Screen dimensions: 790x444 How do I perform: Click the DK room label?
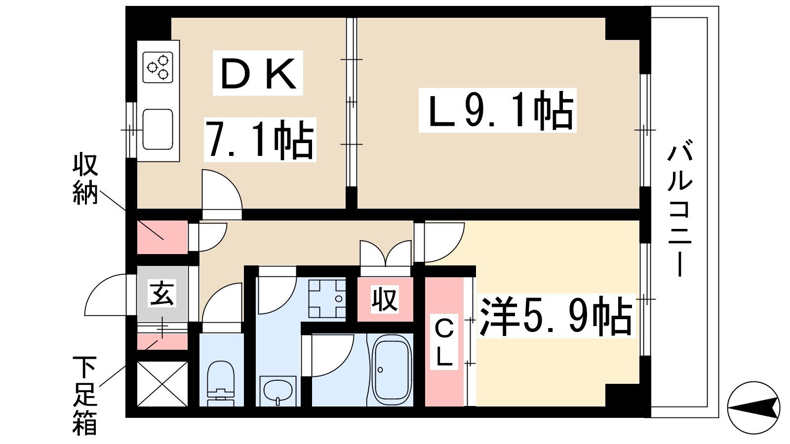tap(258, 74)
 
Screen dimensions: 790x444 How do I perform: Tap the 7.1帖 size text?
tap(260, 140)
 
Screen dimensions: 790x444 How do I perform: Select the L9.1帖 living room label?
tap(497, 111)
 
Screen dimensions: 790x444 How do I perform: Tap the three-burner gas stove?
tap(158, 67)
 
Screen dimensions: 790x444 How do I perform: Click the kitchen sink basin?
tap(158, 129)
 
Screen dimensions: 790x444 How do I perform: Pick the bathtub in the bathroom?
tap(392, 370)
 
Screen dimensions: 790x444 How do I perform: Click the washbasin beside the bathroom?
tap(278, 390)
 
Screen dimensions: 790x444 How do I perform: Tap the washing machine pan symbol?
tap(327, 299)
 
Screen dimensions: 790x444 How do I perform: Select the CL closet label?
tap(443, 342)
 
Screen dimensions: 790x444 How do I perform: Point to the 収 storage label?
tap(385, 299)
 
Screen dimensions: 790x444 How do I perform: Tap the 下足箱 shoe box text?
tap(85, 395)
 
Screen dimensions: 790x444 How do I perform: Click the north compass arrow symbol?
tap(753, 407)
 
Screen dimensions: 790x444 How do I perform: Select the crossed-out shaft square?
tap(162, 384)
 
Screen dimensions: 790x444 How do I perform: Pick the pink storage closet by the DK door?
tap(162, 237)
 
